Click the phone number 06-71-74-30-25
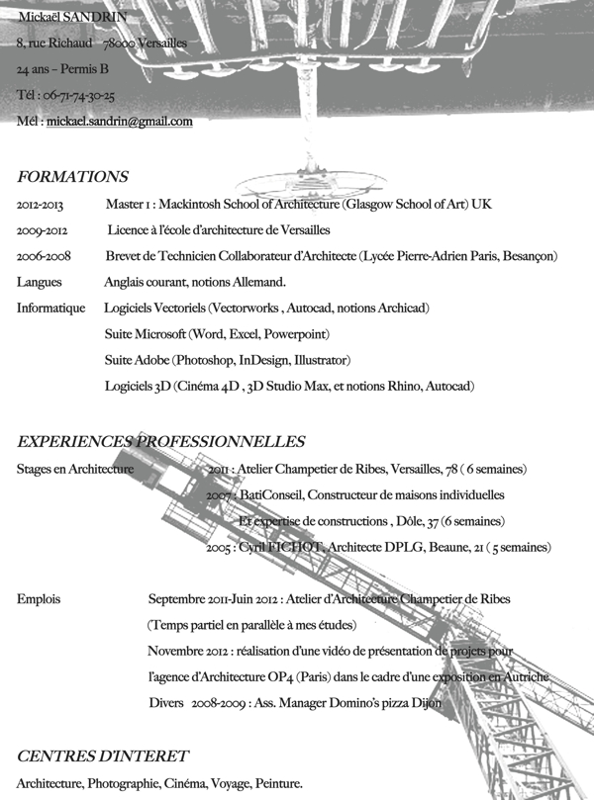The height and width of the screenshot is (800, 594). pos(79,96)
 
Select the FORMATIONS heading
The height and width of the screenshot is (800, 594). pos(72,177)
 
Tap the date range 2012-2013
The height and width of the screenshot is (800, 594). pos(40,205)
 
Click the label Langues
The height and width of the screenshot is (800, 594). pos(40,282)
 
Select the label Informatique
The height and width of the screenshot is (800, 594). pos(50,309)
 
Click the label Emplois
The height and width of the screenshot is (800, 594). pos(40,599)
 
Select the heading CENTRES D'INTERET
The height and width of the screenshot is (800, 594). pos(103,756)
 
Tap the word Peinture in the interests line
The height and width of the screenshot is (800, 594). pos(279,784)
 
